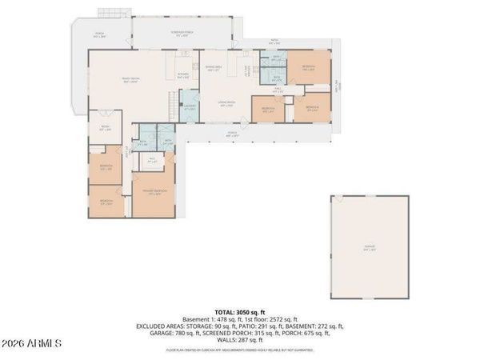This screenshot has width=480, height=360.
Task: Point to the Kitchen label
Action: tap(183, 76)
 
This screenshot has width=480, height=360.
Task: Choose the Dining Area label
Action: tap(213, 68)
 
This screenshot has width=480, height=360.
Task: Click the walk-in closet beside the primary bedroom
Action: tap(152, 161)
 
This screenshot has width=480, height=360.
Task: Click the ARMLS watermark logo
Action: tap(32, 343)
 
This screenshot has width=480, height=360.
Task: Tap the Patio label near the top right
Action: tap(274, 43)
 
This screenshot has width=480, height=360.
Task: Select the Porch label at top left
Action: tap(99, 35)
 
